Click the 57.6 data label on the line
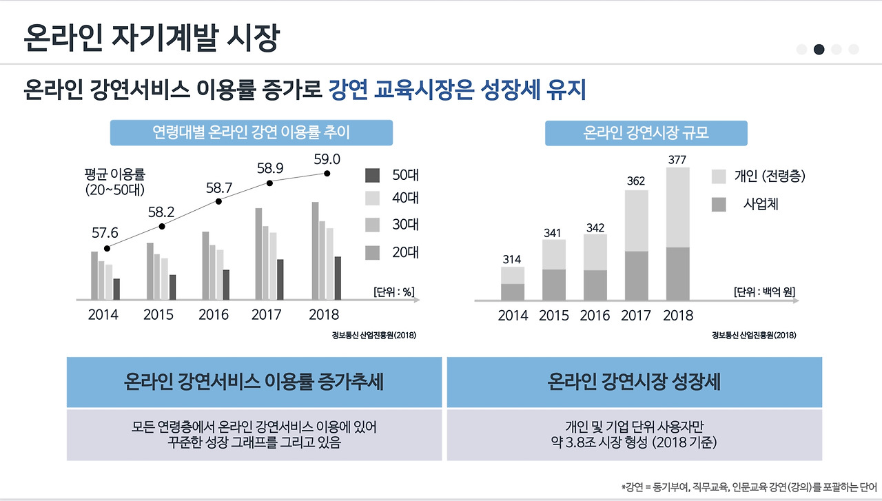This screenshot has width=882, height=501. click(x=105, y=234)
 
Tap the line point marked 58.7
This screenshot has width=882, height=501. click(x=218, y=201)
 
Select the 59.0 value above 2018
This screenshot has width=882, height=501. click(x=327, y=159)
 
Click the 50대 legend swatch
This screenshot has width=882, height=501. click(x=373, y=176)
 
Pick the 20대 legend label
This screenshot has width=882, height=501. click(x=405, y=253)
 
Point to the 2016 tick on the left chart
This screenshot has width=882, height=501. click(x=214, y=315)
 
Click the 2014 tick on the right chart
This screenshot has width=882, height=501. click(x=513, y=316)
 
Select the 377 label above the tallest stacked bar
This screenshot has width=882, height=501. click(x=677, y=160)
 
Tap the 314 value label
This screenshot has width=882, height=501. click(x=511, y=260)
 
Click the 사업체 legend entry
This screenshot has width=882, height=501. click(x=761, y=204)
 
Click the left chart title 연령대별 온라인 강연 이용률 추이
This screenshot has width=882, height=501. click(x=252, y=132)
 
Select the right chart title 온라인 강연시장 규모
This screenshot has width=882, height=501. click(x=646, y=133)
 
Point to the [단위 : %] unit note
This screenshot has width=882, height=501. click(x=393, y=292)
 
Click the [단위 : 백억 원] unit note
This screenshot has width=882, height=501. click(x=764, y=292)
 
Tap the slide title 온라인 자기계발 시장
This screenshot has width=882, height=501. click(x=151, y=38)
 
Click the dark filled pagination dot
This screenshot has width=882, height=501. click(x=819, y=49)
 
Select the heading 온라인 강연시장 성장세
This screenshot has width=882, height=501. click(x=634, y=382)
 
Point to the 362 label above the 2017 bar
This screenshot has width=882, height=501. click(x=635, y=181)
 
